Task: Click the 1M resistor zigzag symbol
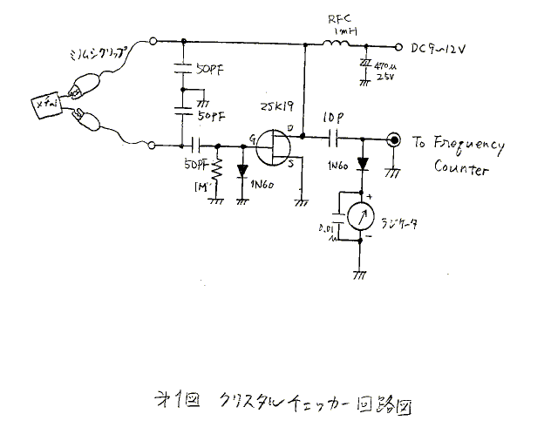(x=217, y=173)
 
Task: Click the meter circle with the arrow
(x=359, y=214)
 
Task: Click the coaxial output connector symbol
(x=394, y=139)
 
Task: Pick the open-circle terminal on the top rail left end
(x=154, y=41)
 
